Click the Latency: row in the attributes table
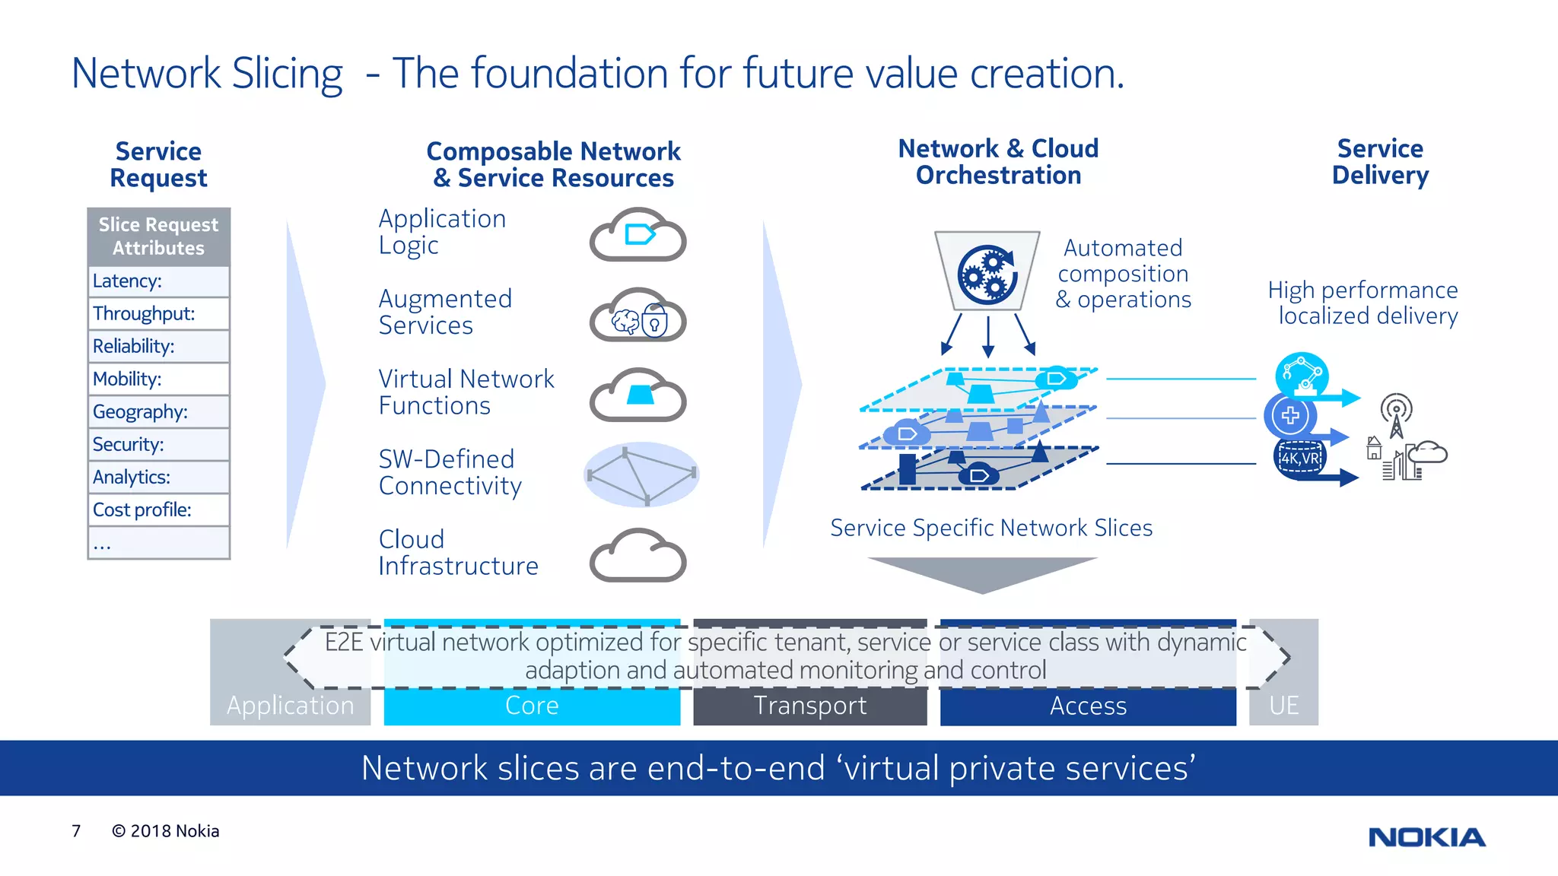(158, 281)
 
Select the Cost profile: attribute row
(158, 509)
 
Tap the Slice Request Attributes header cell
(158, 236)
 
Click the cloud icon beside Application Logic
(638, 236)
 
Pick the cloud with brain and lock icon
(638, 316)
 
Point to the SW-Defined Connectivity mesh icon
(641, 474)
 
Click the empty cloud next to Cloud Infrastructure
(638, 557)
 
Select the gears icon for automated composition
(987, 275)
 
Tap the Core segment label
(532, 706)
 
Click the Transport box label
(809, 706)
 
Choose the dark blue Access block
(1088, 706)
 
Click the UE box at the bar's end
(1283, 706)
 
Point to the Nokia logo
(1426, 837)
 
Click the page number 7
(76, 831)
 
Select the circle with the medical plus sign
(1289, 415)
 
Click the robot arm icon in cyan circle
(1302, 375)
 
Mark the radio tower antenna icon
(1396, 415)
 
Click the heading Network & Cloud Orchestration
(998, 161)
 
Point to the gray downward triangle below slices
(982, 573)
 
